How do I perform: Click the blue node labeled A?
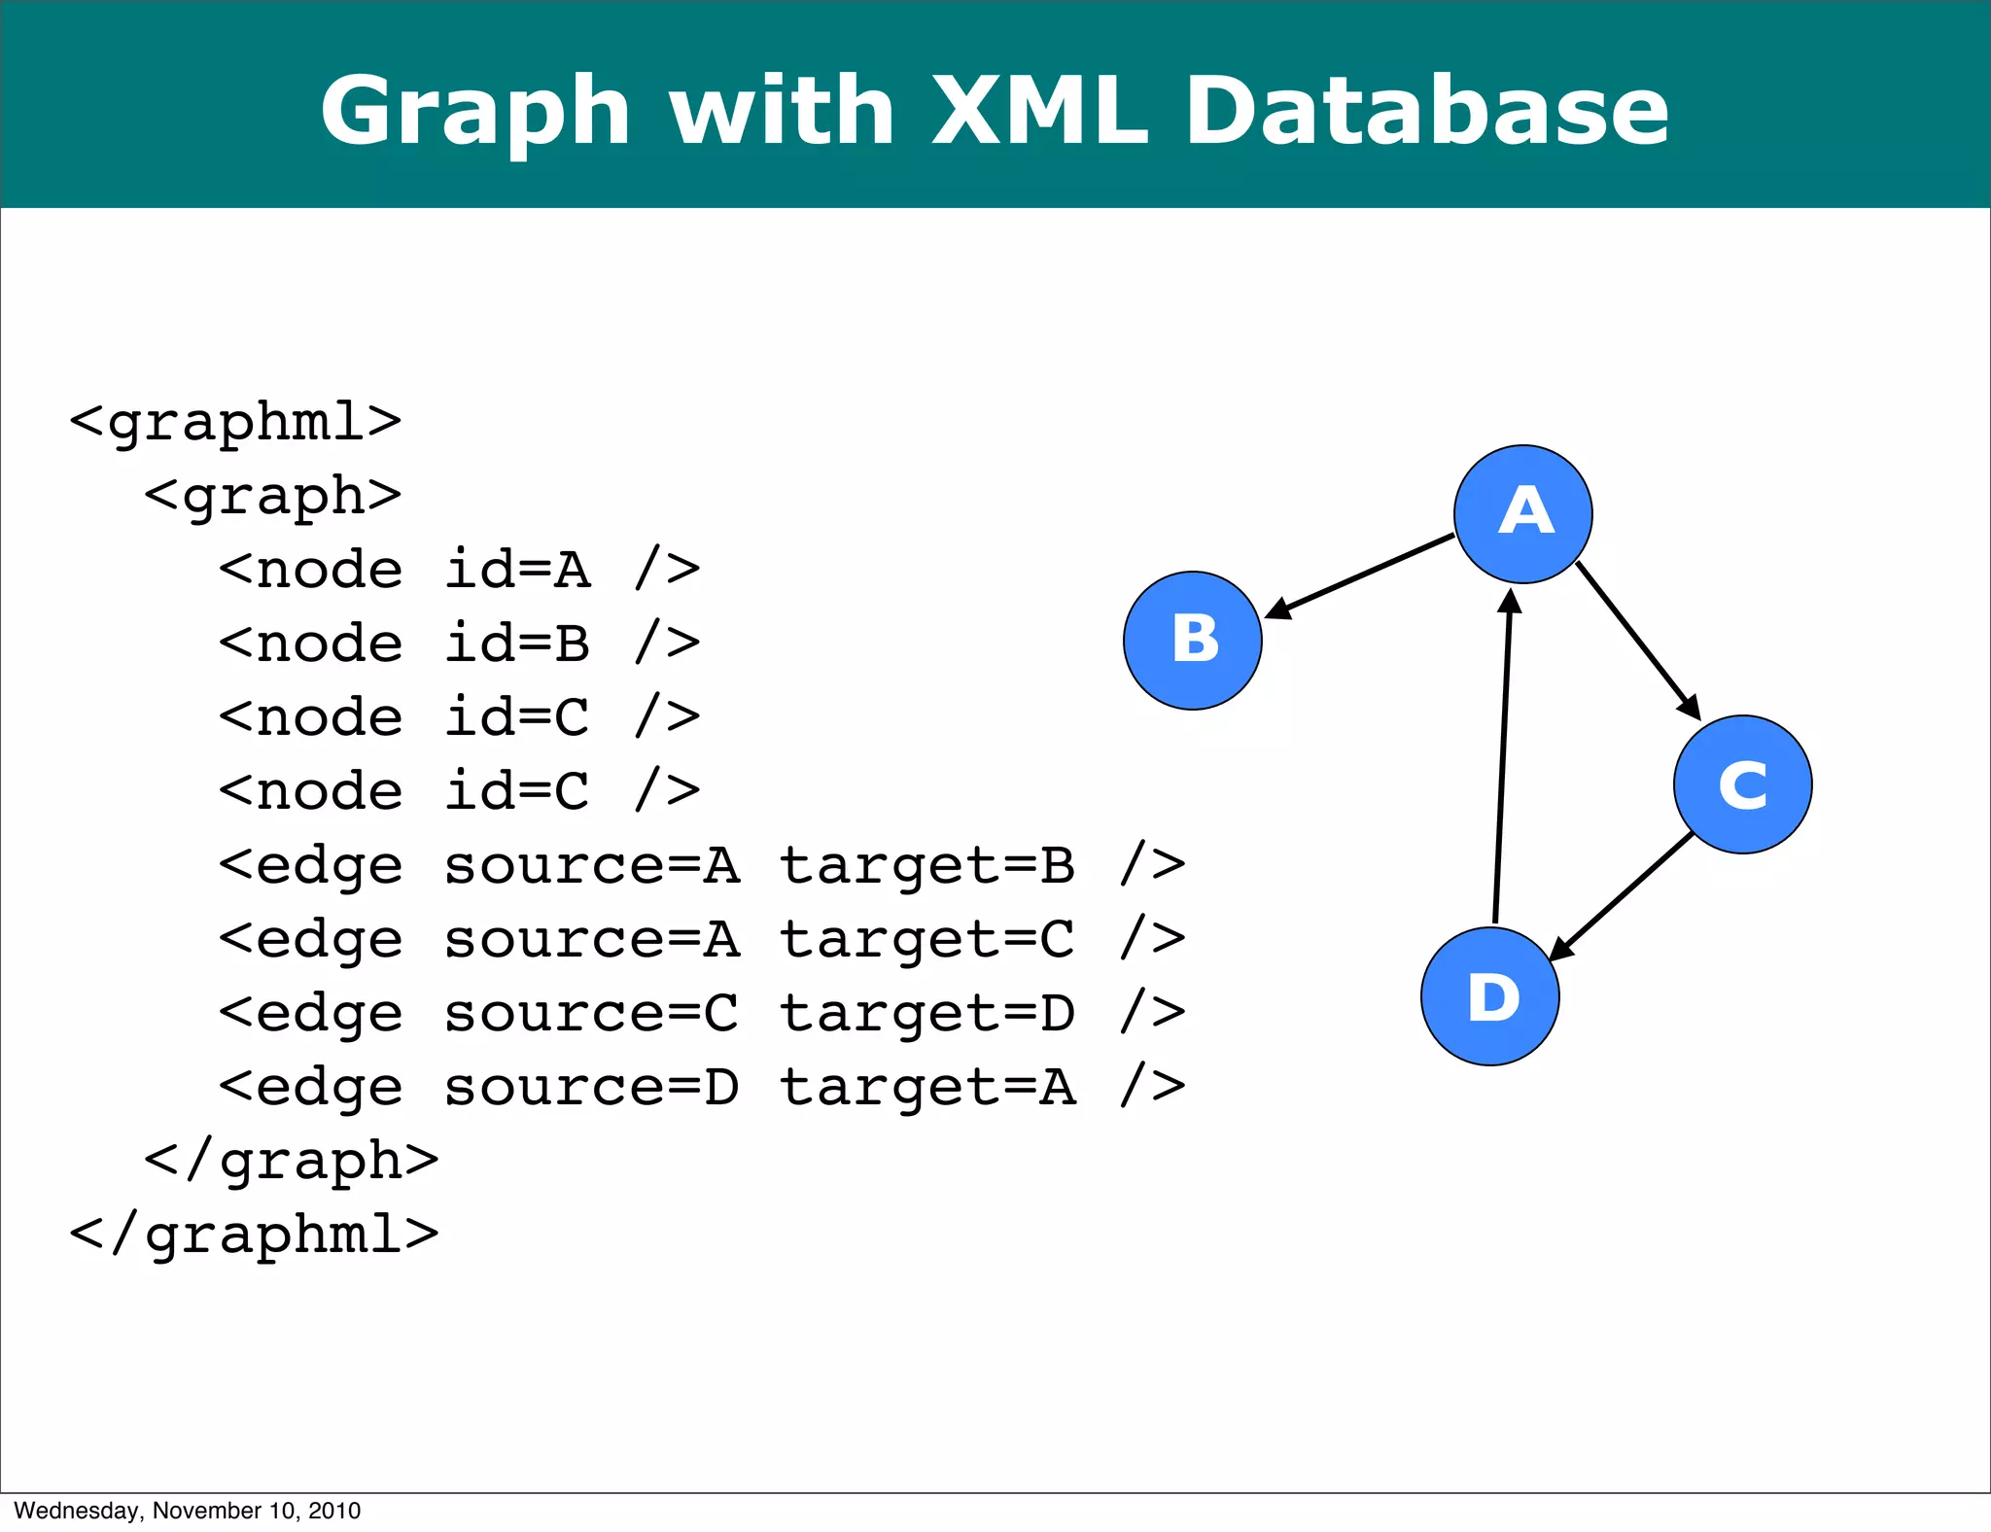[x=1522, y=514]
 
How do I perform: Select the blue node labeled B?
[x=1193, y=641]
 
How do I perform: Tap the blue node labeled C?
[x=1742, y=784]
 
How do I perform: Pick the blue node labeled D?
[x=1489, y=996]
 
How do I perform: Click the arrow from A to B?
[x=1361, y=575]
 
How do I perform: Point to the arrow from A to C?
[x=1638, y=642]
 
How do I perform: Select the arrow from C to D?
[x=1622, y=896]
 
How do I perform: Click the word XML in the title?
[x=1038, y=111]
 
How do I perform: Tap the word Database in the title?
[x=1426, y=111]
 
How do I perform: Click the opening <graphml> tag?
[x=235, y=422]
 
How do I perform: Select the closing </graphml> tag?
[x=254, y=1235]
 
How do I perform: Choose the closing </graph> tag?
[x=291, y=1161]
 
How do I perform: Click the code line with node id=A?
[x=459, y=570]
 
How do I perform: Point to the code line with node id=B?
[x=459, y=644]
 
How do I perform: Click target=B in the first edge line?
[x=927, y=865]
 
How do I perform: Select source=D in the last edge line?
[x=591, y=1087]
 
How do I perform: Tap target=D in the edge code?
[x=927, y=1013]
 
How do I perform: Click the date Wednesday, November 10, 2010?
[x=187, y=1511]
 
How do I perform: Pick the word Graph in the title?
[x=475, y=111]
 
